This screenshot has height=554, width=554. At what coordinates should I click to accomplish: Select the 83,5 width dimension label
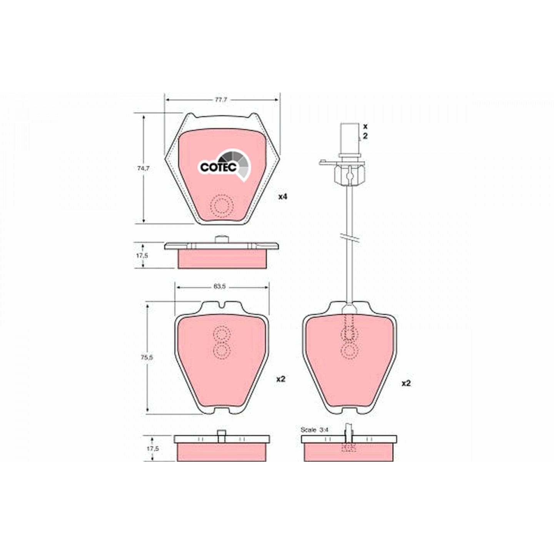[219, 287]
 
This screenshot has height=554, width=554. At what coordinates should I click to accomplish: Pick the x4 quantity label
[283, 197]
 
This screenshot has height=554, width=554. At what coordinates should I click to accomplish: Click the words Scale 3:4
[314, 438]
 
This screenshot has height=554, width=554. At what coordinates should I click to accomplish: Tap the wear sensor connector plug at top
[350, 139]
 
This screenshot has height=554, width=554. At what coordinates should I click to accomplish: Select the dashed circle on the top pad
[221, 205]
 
